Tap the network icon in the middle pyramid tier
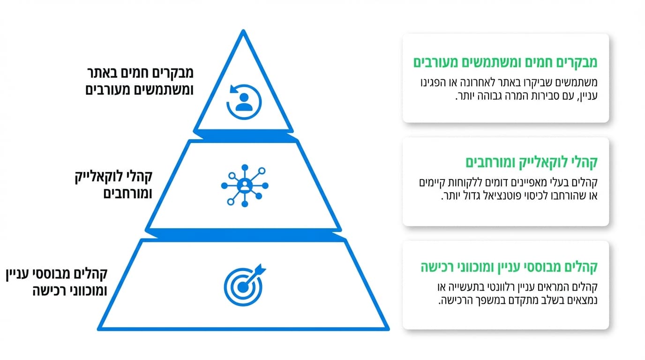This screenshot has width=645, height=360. click(x=244, y=185)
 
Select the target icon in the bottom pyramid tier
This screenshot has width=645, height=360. click(x=243, y=284)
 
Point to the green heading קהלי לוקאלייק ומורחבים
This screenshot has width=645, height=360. click(x=532, y=162)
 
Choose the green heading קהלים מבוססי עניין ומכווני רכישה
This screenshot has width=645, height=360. click(x=508, y=267)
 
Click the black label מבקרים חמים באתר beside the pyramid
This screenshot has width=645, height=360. click(x=140, y=73)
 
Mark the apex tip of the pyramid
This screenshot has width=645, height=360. click(x=243, y=31)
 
